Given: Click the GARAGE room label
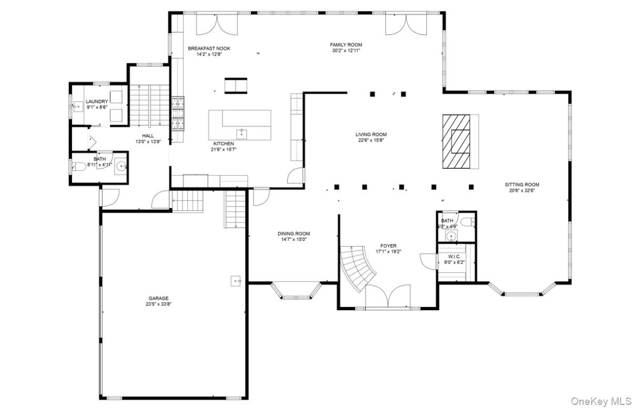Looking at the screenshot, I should pyautogui.click(x=158, y=298).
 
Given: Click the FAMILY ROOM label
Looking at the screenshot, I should pyautogui.click(x=346, y=45).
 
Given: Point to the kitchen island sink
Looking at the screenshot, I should pyautogui.click(x=242, y=132).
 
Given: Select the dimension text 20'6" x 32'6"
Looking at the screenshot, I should pyautogui.click(x=521, y=191).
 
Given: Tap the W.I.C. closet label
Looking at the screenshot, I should pyautogui.click(x=455, y=256).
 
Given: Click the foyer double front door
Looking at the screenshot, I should pyautogui.click(x=388, y=297).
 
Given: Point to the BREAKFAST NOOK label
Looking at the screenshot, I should pyautogui.click(x=209, y=48).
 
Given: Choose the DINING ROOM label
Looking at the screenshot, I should pyautogui.click(x=294, y=233).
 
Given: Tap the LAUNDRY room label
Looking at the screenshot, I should pyautogui.click(x=97, y=101).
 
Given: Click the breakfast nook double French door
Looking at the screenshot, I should pyautogui.click(x=217, y=24).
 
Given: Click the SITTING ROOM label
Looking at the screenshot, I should pyautogui.click(x=521, y=185).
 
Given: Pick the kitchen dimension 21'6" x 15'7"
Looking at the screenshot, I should pyautogui.click(x=224, y=149).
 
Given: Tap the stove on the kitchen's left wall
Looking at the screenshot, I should pyautogui.click(x=178, y=113).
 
